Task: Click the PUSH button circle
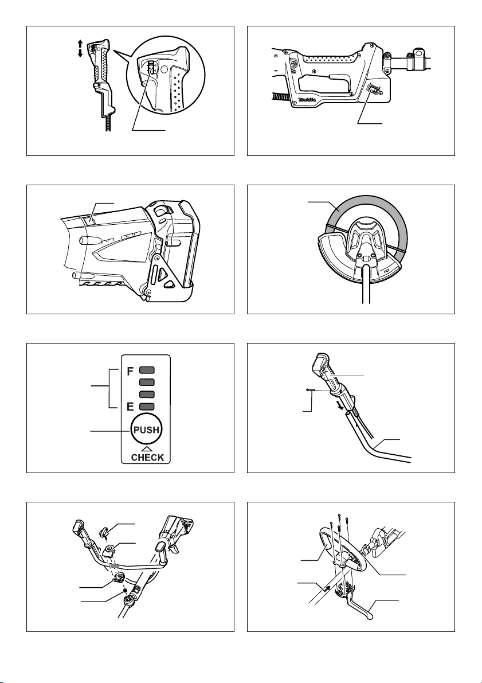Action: [x=146, y=430]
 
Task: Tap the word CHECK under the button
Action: [x=148, y=458]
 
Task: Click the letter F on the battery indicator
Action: [x=130, y=372]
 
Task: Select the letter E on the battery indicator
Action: [x=130, y=407]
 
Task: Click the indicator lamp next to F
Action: [x=147, y=370]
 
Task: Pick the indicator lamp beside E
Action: [x=147, y=407]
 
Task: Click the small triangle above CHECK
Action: [x=147, y=448]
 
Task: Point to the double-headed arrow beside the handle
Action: [x=80, y=48]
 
